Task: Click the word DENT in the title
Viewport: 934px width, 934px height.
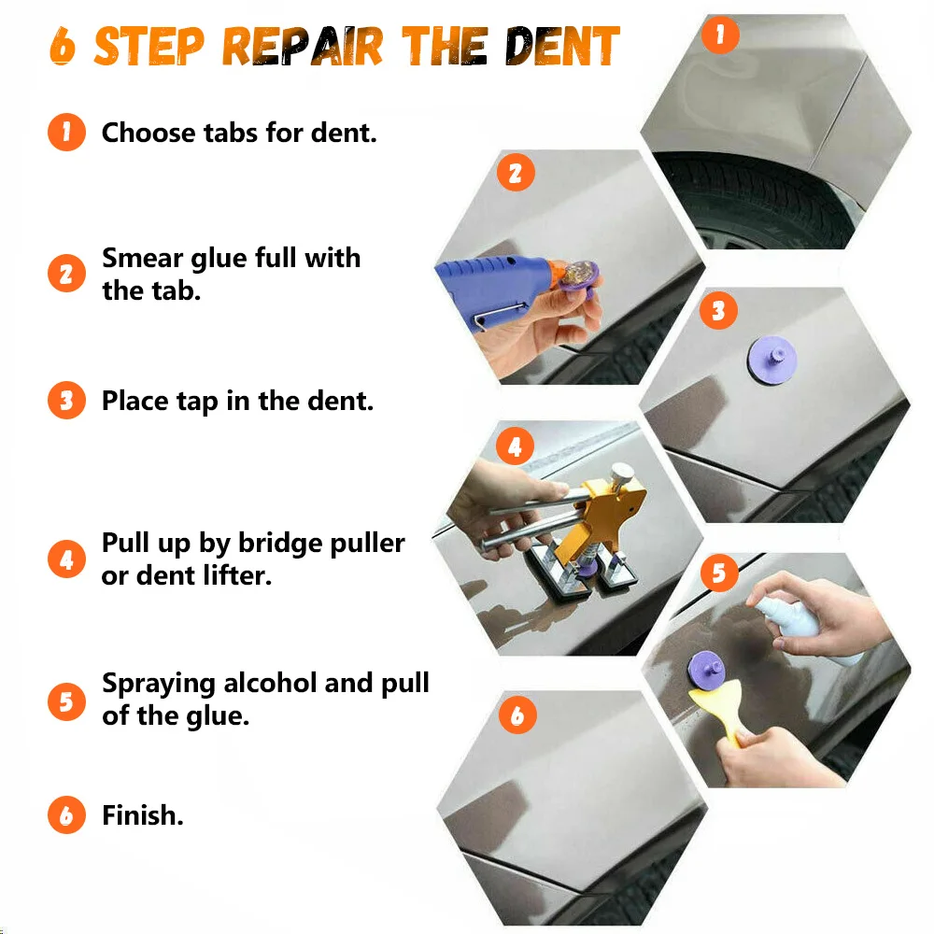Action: click(562, 46)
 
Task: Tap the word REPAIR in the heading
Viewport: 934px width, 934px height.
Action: click(302, 46)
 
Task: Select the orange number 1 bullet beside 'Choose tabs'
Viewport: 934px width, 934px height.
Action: click(66, 132)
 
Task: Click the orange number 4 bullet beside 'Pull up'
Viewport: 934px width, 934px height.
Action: click(66, 559)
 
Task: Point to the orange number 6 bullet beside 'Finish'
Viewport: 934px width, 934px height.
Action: click(66, 814)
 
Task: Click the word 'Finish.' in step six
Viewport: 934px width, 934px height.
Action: click(142, 814)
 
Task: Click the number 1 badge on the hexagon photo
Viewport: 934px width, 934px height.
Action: click(720, 35)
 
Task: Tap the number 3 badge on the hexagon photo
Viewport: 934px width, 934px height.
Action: click(718, 310)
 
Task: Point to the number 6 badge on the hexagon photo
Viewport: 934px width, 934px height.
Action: click(517, 715)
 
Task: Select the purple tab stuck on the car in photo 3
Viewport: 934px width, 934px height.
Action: click(772, 360)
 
